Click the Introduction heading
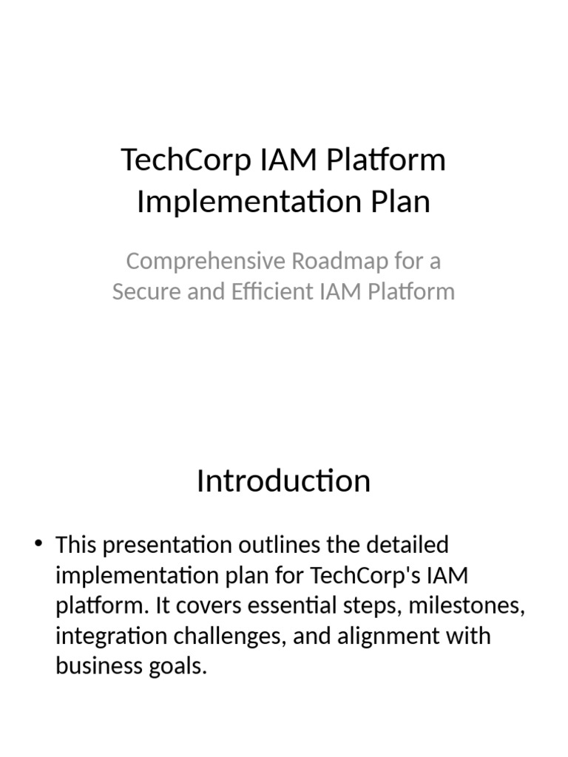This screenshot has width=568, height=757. coord(283,481)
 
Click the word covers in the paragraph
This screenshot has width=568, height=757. coord(206,606)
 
